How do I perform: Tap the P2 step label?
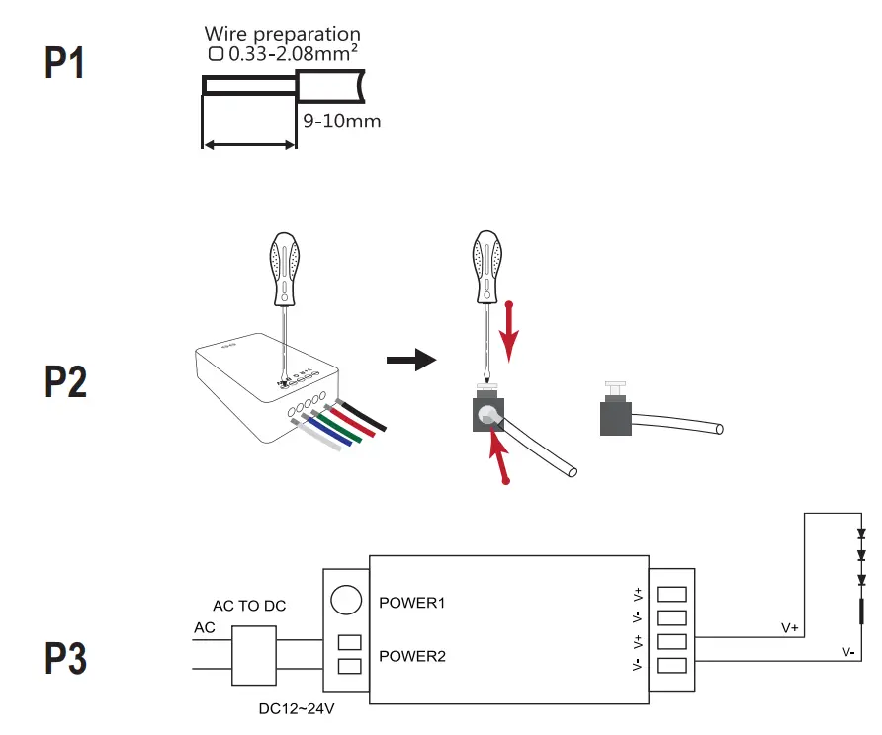(x=66, y=382)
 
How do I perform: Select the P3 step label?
(x=66, y=659)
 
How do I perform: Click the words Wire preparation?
(x=282, y=35)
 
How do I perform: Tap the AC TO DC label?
(x=249, y=605)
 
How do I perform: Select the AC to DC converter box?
(x=252, y=654)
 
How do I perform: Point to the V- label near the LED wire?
(x=848, y=652)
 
